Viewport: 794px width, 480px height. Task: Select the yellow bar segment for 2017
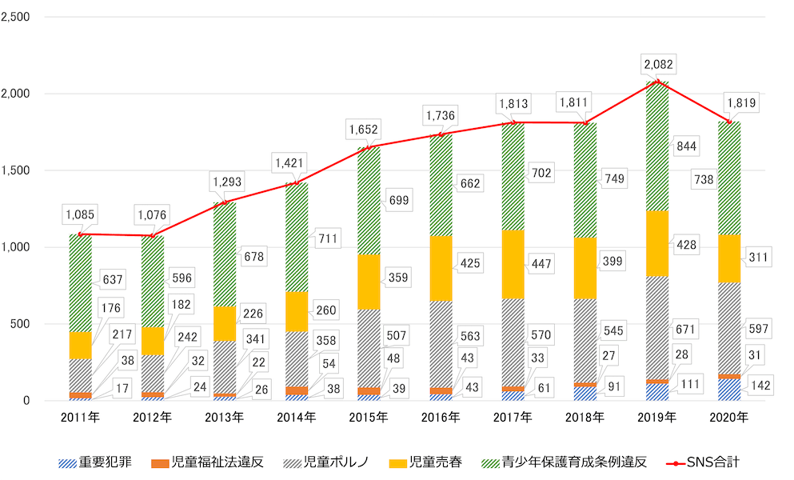coord(513,264)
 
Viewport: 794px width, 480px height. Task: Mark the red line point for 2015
coord(369,146)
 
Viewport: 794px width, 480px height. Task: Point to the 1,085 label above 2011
coord(81,214)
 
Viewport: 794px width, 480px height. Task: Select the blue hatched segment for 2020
coord(729,390)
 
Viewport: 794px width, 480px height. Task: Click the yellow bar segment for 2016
coord(441,267)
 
